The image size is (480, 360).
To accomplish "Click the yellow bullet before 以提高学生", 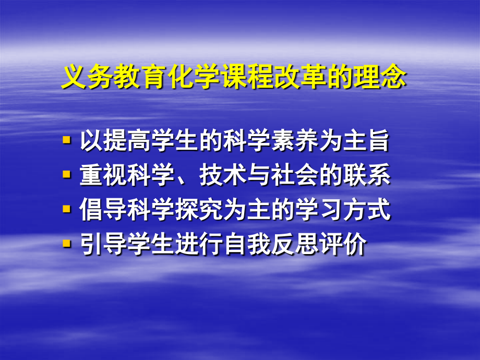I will (66, 140).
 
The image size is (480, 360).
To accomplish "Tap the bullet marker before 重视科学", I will (66, 175).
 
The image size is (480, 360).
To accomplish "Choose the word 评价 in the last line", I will (341, 245).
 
